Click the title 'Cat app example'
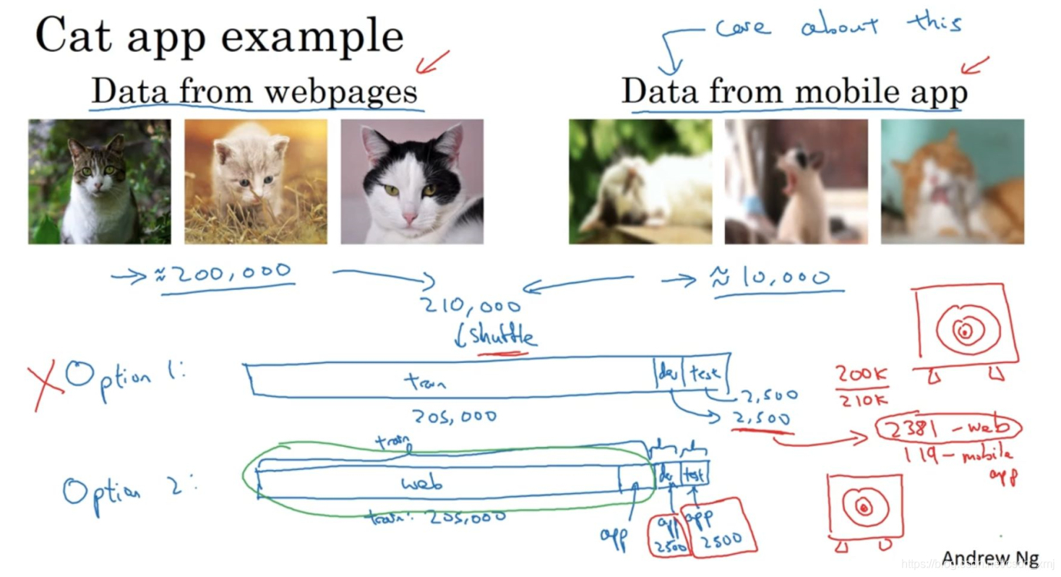click(x=218, y=36)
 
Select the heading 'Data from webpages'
click(x=254, y=93)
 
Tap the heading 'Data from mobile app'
click(x=794, y=93)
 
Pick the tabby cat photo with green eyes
click(x=100, y=181)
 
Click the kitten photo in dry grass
click(x=255, y=181)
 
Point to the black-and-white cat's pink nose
click(x=410, y=217)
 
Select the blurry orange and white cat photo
click(x=952, y=181)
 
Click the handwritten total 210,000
click(x=471, y=307)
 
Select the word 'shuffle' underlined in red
click(x=503, y=336)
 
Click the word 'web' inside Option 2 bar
click(x=422, y=483)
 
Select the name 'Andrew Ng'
click(x=990, y=558)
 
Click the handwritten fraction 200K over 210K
click(x=862, y=385)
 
